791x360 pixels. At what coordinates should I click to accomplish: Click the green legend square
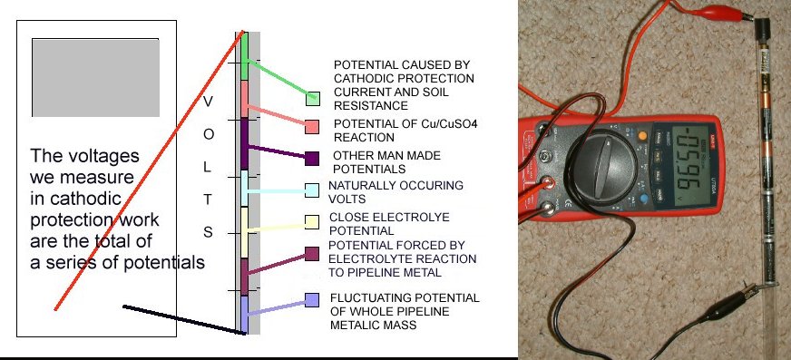[313, 99]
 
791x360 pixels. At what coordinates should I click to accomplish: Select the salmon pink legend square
[312, 127]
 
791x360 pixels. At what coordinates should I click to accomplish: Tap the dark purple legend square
[312, 159]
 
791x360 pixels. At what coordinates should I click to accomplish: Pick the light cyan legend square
[312, 190]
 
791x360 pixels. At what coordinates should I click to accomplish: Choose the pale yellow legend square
[312, 222]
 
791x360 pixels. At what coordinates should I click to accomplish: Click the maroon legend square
[312, 254]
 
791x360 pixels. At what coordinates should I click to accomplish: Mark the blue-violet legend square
[312, 300]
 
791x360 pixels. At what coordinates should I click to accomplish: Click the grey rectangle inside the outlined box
[96, 78]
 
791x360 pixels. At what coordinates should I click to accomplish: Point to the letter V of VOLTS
[208, 102]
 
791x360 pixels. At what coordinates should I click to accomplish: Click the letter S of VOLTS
[208, 232]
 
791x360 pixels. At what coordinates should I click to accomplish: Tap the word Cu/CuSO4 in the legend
[449, 123]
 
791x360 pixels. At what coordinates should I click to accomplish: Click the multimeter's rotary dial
[604, 166]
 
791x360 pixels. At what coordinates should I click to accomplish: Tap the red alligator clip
[717, 11]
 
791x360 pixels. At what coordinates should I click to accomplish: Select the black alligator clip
[730, 304]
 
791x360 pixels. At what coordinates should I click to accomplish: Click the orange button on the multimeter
[642, 135]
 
